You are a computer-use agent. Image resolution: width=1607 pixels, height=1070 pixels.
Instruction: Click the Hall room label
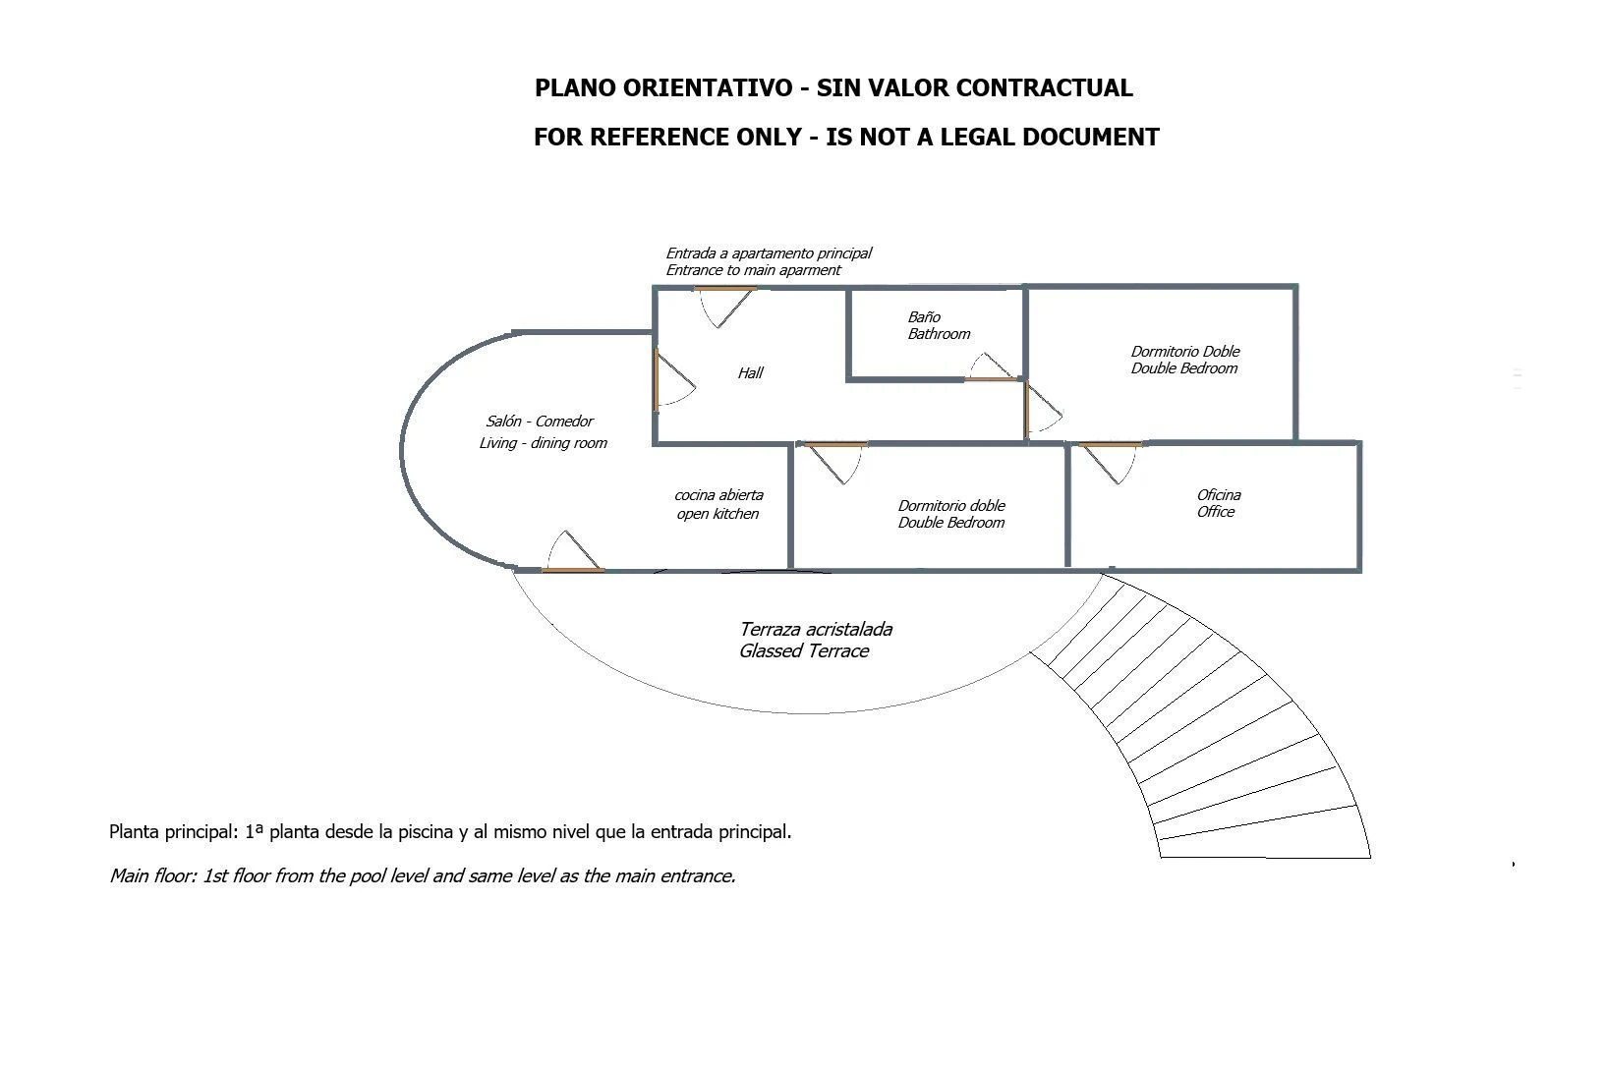tap(750, 373)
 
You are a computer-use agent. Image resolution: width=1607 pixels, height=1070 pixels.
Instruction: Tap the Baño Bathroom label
tap(939, 325)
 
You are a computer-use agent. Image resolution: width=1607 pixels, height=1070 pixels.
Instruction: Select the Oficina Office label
tap(1218, 503)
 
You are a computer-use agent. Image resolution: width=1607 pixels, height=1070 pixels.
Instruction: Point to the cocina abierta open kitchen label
tap(718, 504)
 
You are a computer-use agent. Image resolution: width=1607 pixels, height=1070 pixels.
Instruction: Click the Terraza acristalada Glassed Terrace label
tap(816, 641)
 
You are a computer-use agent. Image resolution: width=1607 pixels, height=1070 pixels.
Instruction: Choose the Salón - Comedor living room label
tap(544, 431)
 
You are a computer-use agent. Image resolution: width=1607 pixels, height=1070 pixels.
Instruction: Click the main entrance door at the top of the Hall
tap(725, 307)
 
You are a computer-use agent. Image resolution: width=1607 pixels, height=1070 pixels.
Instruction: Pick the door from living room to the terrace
tap(573, 551)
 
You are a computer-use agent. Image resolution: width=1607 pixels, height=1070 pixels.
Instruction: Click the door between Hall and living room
tap(674, 379)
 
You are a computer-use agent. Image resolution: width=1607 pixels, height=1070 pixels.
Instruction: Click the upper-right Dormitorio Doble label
tap(1185, 360)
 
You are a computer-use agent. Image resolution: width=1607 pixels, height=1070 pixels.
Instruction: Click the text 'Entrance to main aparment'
tap(753, 270)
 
